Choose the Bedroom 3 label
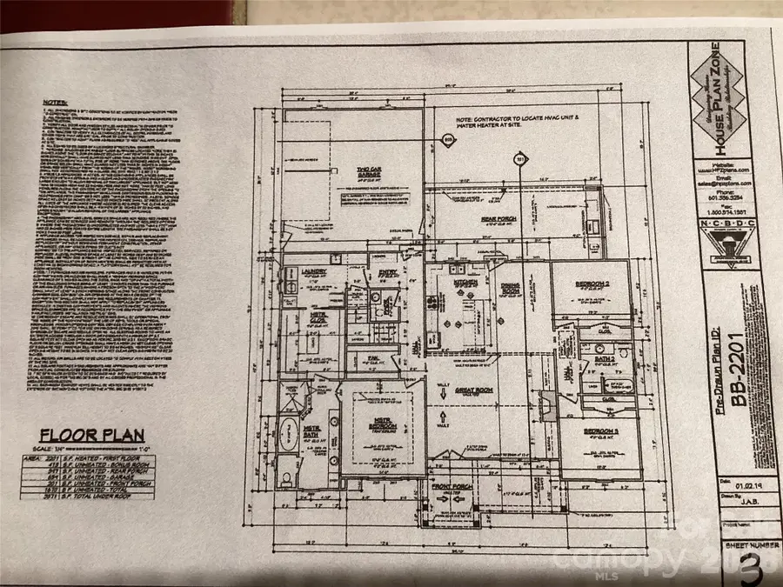[600, 430]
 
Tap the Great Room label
[474, 390]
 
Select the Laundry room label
[313, 271]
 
